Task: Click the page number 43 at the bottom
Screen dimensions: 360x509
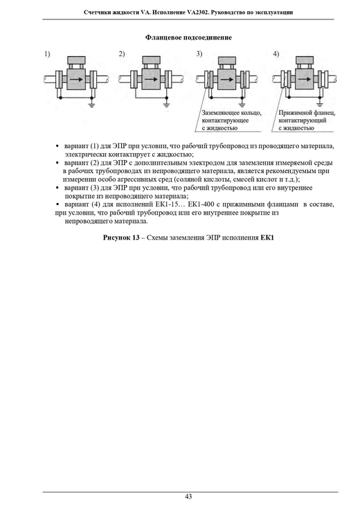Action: pos(188,497)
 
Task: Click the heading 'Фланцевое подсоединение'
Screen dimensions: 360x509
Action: pos(188,37)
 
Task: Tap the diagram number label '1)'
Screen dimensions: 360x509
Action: pos(47,54)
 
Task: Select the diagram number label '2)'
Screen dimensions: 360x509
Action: pos(122,54)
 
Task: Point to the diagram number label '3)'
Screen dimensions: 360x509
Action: pos(199,54)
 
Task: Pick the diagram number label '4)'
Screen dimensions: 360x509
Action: pos(276,54)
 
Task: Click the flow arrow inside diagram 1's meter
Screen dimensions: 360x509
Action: pos(76,80)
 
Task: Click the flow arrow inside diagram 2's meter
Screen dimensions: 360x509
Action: pos(151,80)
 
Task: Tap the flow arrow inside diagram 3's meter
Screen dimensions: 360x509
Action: pos(226,80)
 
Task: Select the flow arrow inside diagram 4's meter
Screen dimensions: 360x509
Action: pos(304,80)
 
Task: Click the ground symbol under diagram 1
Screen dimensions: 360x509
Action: pos(92,105)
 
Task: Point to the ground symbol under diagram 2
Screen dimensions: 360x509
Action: pos(167,105)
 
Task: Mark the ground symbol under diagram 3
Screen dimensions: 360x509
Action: pos(242,105)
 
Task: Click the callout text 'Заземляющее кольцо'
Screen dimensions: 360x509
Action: pos(231,113)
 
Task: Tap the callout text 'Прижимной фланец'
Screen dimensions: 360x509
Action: pos(307,113)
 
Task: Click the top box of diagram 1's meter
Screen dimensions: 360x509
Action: pos(76,60)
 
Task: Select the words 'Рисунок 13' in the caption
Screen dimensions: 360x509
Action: pos(121,238)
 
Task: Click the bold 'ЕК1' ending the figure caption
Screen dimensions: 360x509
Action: pos(267,238)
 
